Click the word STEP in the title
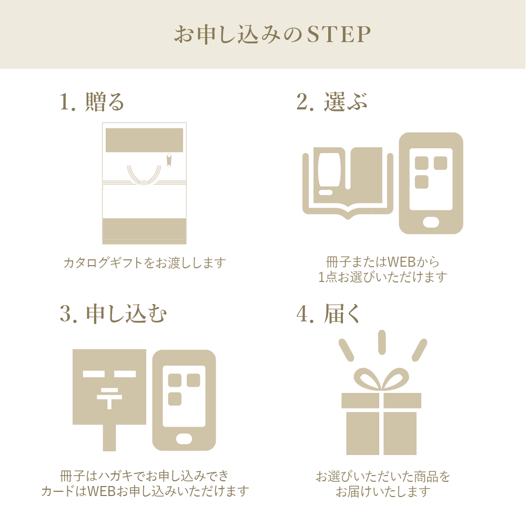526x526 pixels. click(x=339, y=34)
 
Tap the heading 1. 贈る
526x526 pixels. click(x=92, y=102)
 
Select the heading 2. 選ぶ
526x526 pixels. click(x=332, y=102)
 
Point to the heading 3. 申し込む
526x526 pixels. click(x=113, y=313)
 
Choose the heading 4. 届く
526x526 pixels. click(x=328, y=313)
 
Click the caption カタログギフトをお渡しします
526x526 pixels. click(x=145, y=262)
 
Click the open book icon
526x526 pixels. click(x=348, y=183)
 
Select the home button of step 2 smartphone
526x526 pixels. click(x=431, y=222)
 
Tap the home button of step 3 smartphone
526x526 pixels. click(x=184, y=439)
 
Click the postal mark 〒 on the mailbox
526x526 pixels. click(x=109, y=398)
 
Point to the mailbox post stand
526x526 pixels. click(x=109, y=438)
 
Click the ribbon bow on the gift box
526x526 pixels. click(x=381, y=379)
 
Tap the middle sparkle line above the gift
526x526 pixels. click(x=382, y=342)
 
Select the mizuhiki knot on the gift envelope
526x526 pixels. click(x=144, y=176)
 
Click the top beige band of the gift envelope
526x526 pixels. click(x=144, y=140)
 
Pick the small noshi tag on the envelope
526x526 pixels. click(x=169, y=160)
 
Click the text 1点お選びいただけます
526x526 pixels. click(x=383, y=277)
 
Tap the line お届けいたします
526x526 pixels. click(x=383, y=491)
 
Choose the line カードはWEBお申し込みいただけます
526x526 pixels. click(x=145, y=491)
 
